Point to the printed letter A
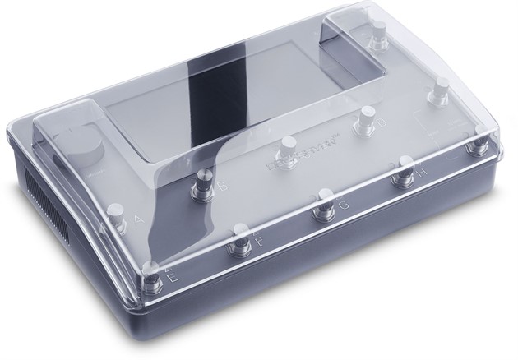click(x=137, y=220)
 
